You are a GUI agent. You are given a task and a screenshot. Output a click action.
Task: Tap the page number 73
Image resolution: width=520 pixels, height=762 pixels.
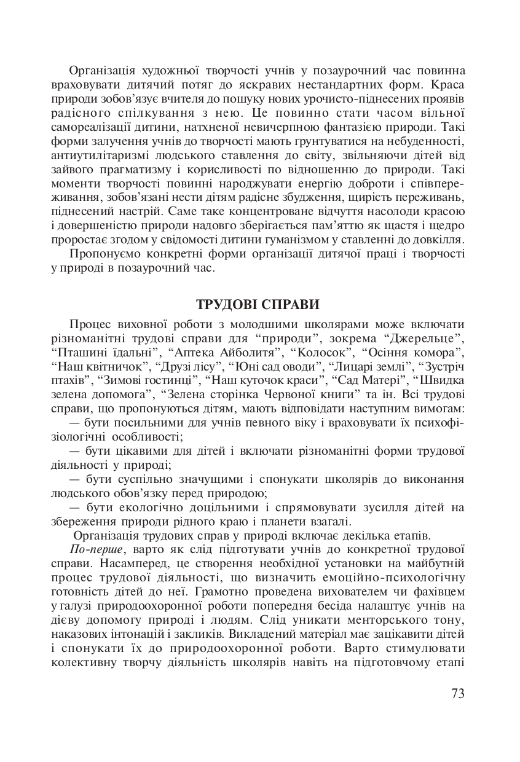pyautogui.click(x=458, y=694)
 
